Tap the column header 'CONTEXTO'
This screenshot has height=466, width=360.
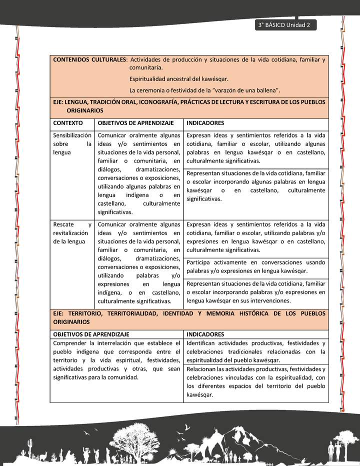pyautogui.click(x=68, y=122)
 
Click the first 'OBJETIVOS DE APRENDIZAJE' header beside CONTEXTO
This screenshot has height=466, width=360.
pyautogui.click(x=135, y=122)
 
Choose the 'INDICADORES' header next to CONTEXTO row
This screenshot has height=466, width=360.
pyautogui.click(x=205, y=122)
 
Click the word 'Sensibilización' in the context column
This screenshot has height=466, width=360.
pyautogui.click(x=72, y=135)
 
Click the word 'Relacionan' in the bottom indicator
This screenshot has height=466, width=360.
pyautogui.click(x=203, y=369)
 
